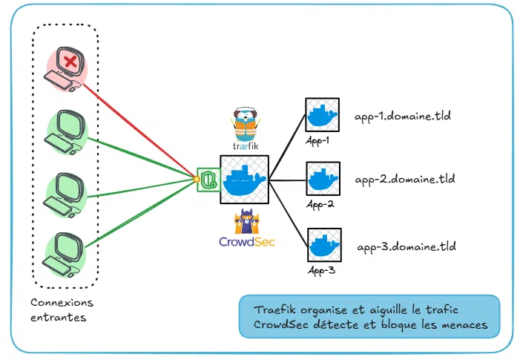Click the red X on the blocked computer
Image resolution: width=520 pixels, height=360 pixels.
[x=70, y=62]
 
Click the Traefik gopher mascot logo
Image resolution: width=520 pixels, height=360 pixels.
[x=245, y=118]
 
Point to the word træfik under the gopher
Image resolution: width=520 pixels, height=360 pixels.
[x=246, y=146]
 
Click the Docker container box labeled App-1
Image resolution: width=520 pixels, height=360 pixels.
[x=323, y=116]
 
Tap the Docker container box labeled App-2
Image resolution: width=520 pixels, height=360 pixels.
[x=323, y=180]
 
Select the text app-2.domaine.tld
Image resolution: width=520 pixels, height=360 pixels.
[x=404, y=180]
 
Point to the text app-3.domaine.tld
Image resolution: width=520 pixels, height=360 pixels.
[x=407, y=246]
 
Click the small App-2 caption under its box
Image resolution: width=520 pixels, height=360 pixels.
[x=320, y=204]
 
